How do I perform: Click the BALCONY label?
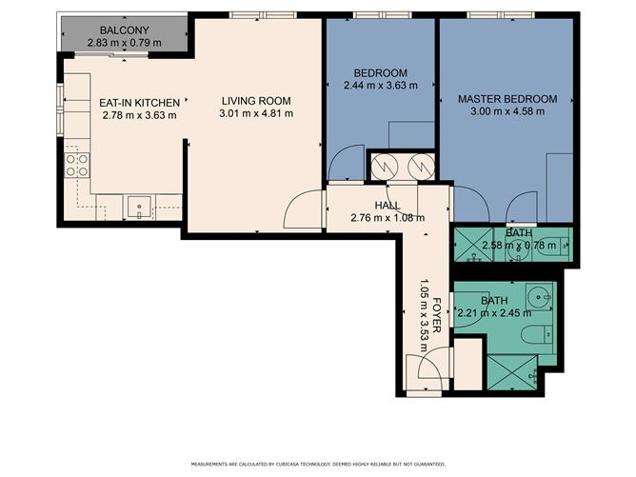[124, 30]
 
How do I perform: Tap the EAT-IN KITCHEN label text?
[140, 102]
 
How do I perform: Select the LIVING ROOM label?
[256, 101]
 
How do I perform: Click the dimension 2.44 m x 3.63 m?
[381, 86]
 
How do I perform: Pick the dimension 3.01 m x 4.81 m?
[256, 113]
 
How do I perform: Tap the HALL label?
[388, 206]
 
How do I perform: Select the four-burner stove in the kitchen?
[77, 165]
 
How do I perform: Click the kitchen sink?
[140, 204]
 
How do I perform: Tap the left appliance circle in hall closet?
[387, 167]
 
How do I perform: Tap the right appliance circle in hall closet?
[420, 167]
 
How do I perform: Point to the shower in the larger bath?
[511, 372]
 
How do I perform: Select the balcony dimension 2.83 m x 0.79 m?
[124, 42]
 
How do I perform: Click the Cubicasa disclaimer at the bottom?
[317, 464]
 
